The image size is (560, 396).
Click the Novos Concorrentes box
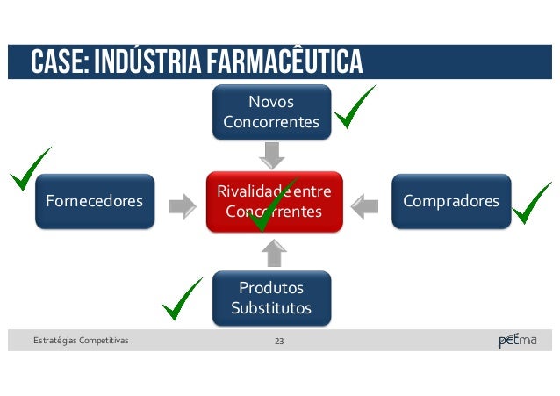(271, 112)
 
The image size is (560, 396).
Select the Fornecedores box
(89, 202)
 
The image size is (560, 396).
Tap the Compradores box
(450, 202)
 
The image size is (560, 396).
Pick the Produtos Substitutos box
(271, 298)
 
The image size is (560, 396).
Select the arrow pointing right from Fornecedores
(183, 206)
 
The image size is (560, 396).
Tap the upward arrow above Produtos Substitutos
(274, 253)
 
